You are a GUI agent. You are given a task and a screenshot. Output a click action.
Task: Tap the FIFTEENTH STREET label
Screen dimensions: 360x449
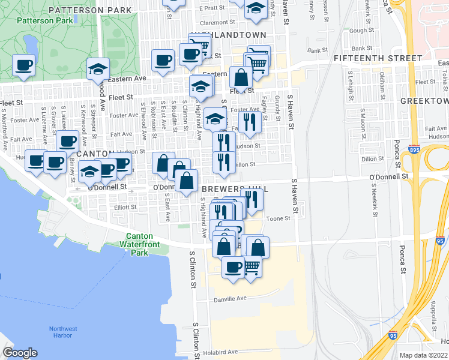(x=378, y=58)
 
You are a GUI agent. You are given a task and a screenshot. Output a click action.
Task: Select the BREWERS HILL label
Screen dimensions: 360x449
(x=234, y=189)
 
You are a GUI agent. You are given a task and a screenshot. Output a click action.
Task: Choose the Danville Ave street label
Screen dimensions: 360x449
(x=231, y=298)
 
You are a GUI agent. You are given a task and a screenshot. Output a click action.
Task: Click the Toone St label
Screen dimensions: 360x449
(x=279, y=218)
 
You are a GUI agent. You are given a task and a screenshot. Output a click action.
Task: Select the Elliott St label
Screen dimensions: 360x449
(x=125, y=208)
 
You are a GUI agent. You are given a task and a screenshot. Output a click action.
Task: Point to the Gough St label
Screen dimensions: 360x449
(x=361, y=30)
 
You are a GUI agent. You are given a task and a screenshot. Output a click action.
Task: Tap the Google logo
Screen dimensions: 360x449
(x=20, y=353)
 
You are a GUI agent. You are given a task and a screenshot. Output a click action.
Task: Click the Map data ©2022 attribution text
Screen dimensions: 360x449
(x=423, y=355)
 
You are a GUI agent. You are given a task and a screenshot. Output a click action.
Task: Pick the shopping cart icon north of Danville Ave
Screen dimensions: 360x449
(x=252, y=266)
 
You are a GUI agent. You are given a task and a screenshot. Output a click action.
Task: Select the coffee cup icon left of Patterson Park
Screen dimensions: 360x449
(x=23, y=65)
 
